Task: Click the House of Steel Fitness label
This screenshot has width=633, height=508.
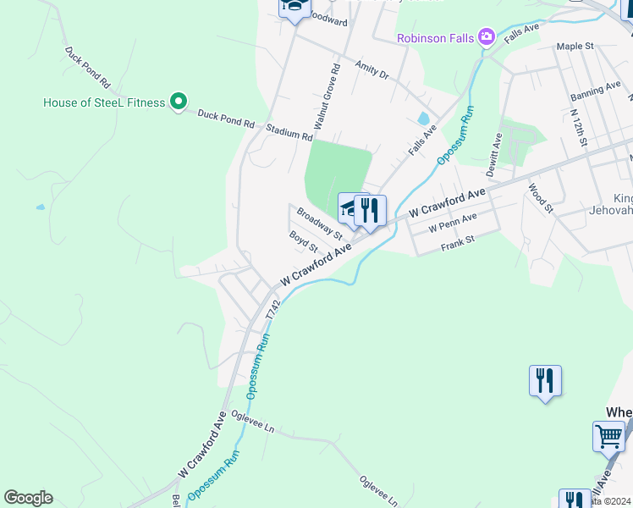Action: click(105, 103)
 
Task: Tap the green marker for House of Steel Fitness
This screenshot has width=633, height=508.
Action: click(178, 102)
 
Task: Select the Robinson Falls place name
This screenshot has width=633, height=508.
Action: click(436, 38)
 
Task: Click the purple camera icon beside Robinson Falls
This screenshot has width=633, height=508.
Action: click(486, 37)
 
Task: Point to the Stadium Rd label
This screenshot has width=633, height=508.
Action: click(289, 132)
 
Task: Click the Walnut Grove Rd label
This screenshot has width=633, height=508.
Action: click(327, 96)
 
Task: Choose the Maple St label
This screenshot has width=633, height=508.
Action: click(575, 47)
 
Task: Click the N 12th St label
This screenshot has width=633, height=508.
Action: click(578, 126)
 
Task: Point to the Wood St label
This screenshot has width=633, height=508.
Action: click(540, 197)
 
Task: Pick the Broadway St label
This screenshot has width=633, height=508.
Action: click(319, 224)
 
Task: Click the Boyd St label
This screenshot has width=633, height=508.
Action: click(303, 242)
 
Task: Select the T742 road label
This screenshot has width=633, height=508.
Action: click(271, 308)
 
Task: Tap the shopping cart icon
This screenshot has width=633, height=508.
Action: click(608, 437)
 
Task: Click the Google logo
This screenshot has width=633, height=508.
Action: click(28, 498)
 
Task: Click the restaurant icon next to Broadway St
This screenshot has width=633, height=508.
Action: click(370, 210)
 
